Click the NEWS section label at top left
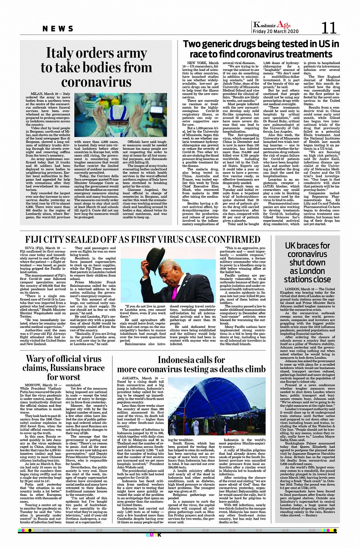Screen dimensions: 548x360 click(x=58, y=29)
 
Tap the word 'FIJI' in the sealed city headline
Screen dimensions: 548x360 click(x=35, y=240)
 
